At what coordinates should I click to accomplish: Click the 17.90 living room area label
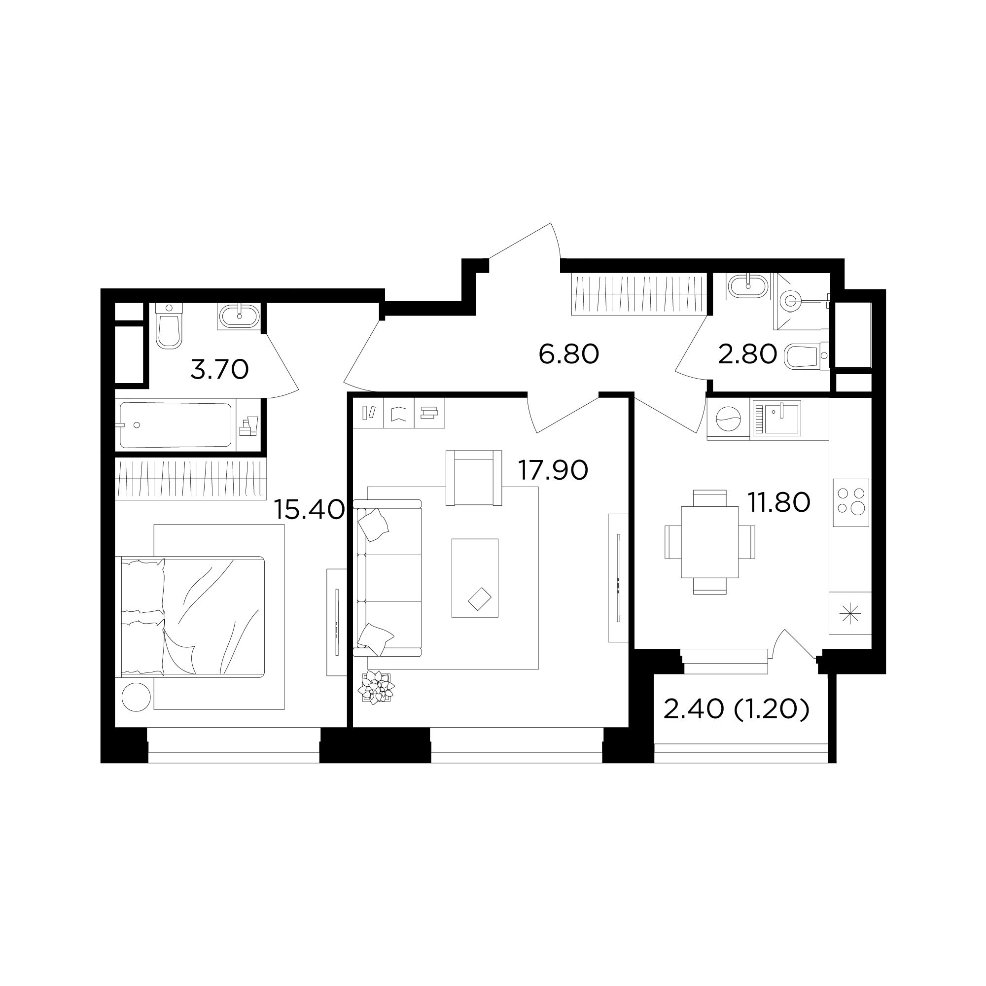[553, 470]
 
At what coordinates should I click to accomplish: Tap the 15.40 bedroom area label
[309, 509]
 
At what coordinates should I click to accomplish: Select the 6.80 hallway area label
[568, 353]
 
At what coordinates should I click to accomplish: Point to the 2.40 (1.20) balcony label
[737, 709]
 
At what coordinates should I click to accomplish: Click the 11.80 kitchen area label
[779, 502]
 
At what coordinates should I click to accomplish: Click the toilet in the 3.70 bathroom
[169, 325]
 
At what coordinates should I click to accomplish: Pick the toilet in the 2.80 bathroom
[806, 356]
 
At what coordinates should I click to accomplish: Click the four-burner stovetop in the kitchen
[851, 502]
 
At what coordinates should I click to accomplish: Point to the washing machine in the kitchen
[728, 419]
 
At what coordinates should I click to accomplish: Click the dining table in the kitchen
[709, 541]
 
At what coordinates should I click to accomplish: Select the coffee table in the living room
[475, 578]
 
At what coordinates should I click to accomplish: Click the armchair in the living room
[474, 478]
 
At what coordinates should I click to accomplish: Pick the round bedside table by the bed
[136, 697]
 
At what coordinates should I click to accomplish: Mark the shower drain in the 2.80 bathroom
[792, 301]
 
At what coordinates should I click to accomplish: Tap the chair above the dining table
[709, 498]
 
